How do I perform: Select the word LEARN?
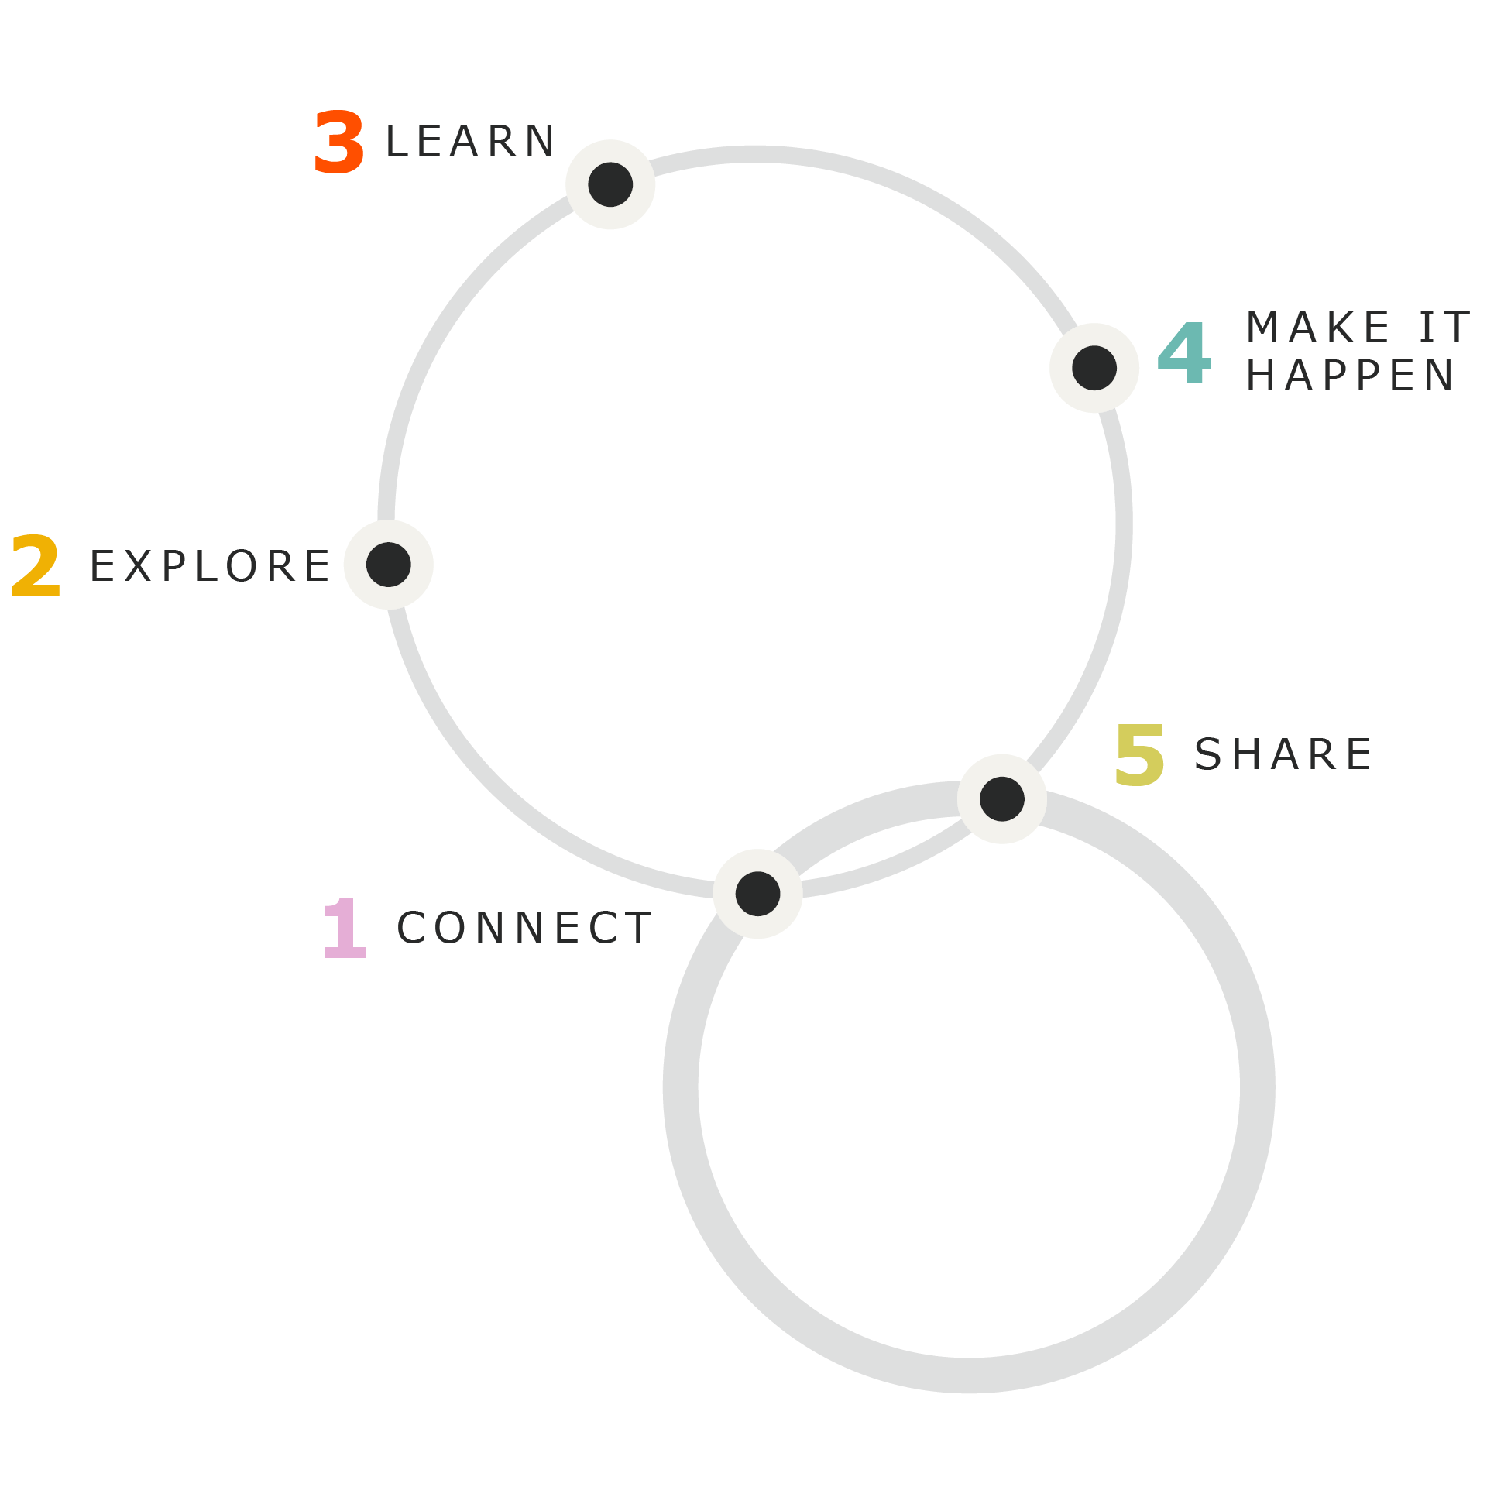coord(470,142)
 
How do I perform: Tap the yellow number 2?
coord(36,566)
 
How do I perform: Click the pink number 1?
coord(344,928)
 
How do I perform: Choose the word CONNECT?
coord(524,928)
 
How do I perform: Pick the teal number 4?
coord(1183,353)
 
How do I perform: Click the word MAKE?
coord(1318,328)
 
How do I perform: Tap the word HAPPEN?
coord(1351,376)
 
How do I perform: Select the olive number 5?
coord(1139,755)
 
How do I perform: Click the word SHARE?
coord(1283,755)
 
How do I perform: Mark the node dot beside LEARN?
coord(610,184)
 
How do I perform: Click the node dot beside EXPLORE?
coord(389,565)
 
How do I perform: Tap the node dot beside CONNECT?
coord(757,894)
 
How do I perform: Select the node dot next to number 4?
coord(1094,368)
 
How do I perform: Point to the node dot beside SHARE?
coord(1002,798)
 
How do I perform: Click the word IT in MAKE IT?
coord(1444,328)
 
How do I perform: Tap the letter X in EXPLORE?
coord(138,566)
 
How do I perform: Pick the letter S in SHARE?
coord(1208,755)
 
